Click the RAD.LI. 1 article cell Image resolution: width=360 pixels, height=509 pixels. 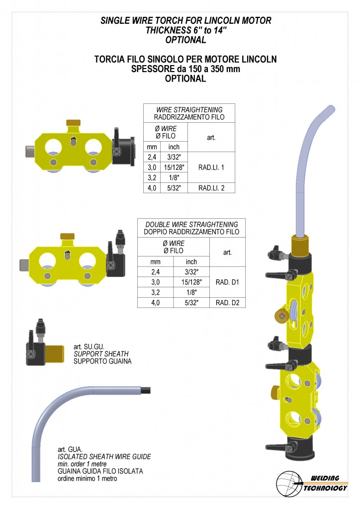(211, 168)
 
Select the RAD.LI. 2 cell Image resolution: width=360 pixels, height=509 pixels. (211, 188)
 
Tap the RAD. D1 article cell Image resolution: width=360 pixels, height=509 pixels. (227, 282)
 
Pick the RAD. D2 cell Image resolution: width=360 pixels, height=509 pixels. (227, 303)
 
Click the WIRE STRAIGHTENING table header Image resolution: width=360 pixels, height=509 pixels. (189, 113)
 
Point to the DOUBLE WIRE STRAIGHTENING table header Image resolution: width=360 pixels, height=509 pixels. (191, 228)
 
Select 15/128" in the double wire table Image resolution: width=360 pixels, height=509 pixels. (191, 282)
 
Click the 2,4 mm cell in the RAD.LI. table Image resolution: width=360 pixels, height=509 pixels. (152, 157)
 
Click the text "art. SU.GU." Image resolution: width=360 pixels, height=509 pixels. (89, 346)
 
